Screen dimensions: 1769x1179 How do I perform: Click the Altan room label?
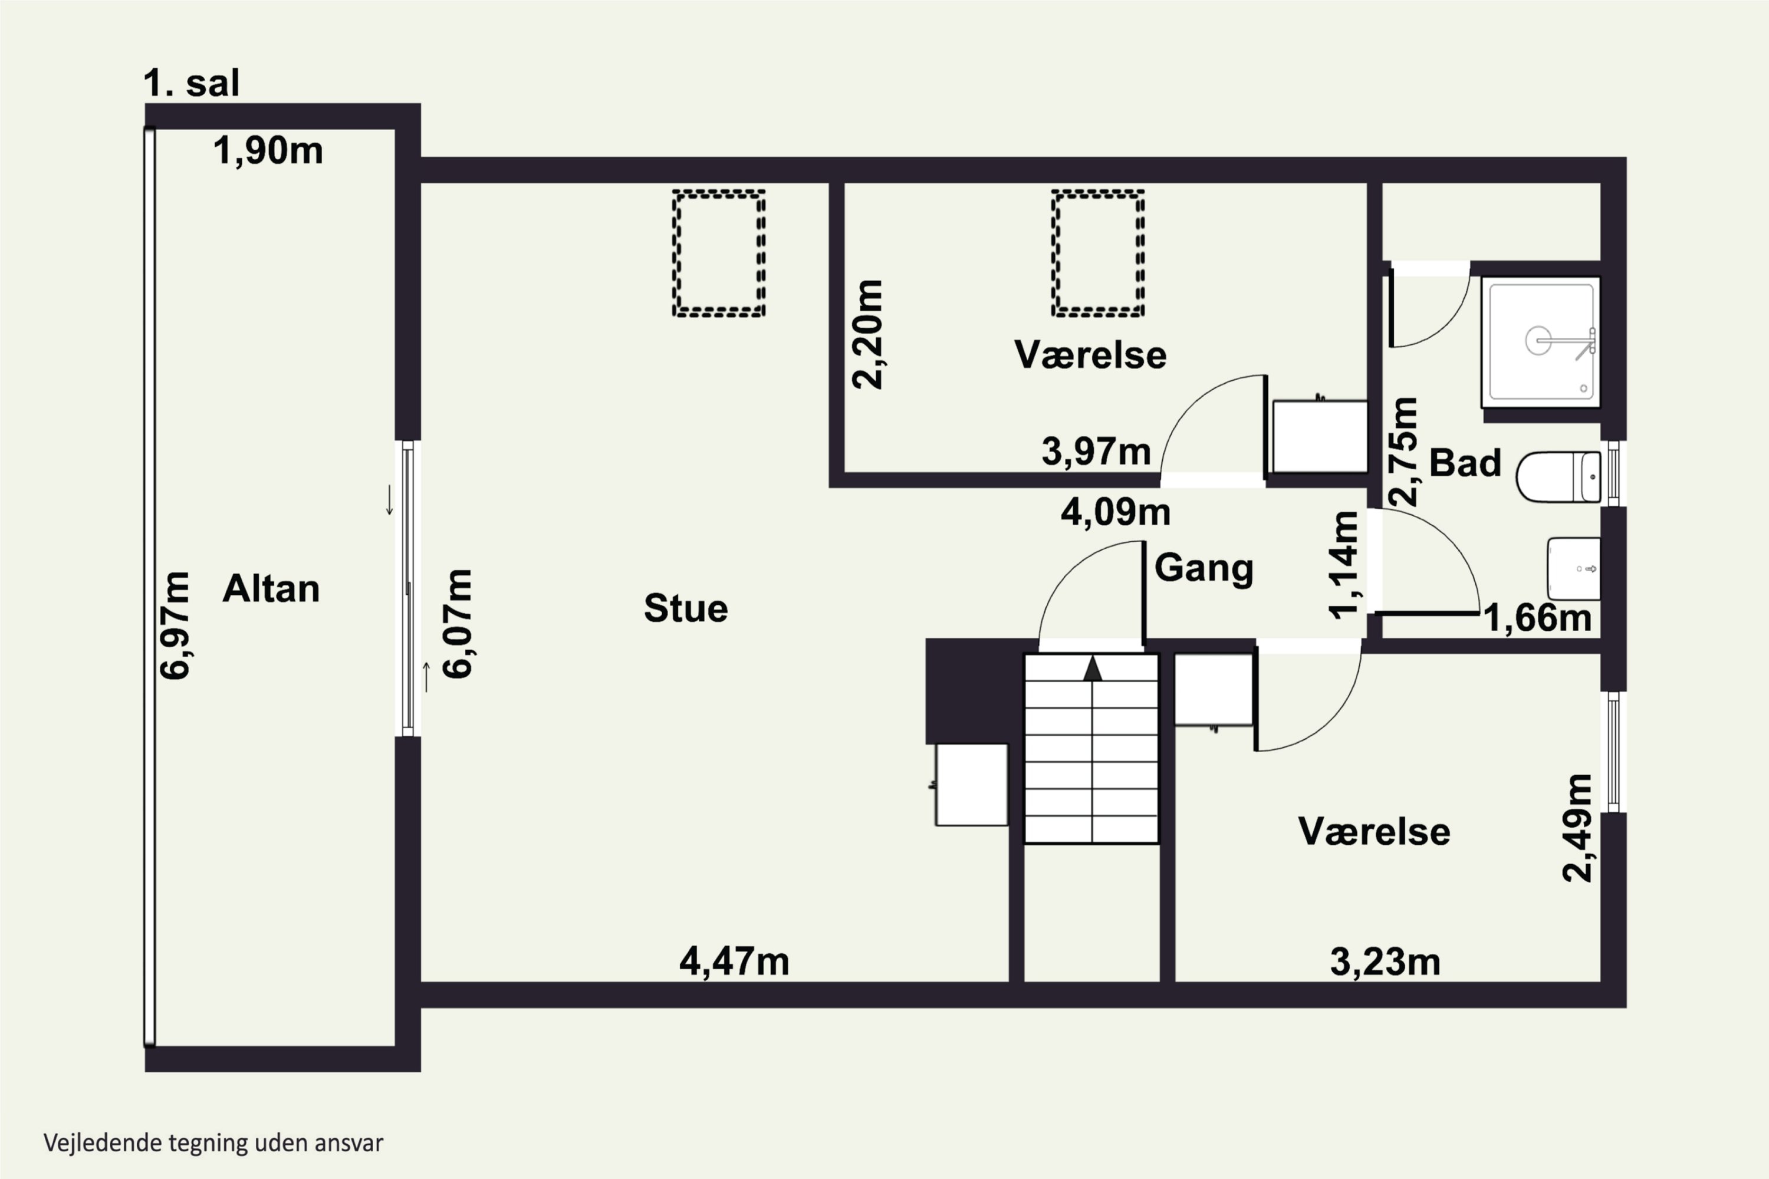(x=271, y=589)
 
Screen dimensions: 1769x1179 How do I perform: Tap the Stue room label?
(x=686, y=608)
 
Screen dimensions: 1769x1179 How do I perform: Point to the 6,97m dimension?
(x=175, y=625)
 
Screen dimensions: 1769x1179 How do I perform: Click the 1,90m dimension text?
(x=268, y=151)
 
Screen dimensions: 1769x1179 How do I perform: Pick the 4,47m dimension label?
(x=734, y=961)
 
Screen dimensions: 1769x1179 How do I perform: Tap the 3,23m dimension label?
(x=1385, y=961)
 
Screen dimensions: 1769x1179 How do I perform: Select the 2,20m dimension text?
(x=867, y=334)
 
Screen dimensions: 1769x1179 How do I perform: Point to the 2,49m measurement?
(x=1578, y=827)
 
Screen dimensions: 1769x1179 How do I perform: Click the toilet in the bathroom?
(x=1558, y=477)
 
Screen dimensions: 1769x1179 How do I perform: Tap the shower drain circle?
(x=1537, y=341)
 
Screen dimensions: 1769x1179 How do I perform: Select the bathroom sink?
(x=1573, y=568)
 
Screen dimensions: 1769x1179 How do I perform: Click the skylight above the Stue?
(x=719, y=253)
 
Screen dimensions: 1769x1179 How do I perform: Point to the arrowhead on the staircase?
(x=1092, y=668)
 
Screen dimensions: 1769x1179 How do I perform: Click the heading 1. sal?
(x=191, y=83)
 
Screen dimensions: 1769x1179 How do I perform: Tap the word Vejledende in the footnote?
(x=104, y=1143)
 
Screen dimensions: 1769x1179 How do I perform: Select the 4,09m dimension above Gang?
(x=1116, y=513)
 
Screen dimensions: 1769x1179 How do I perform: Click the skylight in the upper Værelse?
(x=1098, y=253)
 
